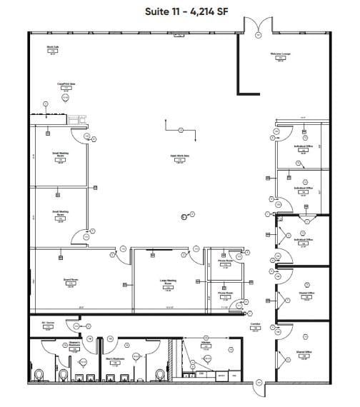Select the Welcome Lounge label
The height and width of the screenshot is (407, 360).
pyautogui.click(x=279, y=54)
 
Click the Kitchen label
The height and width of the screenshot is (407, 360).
pyautogui.click(x=205, y=343)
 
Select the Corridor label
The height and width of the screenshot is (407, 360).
pyautogui.click(x=254, y=324)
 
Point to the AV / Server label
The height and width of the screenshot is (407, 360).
pyautogui.click(x=48, y=324)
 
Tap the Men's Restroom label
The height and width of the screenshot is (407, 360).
pyautogui.click(x=116, y=358)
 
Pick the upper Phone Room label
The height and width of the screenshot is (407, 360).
pyautogui.click(x=225, y=261)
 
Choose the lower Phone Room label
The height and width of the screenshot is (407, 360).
pyautogui.click(x=225, y=293)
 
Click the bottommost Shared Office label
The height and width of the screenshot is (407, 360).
pyautogui.click(x=303, y=352)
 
